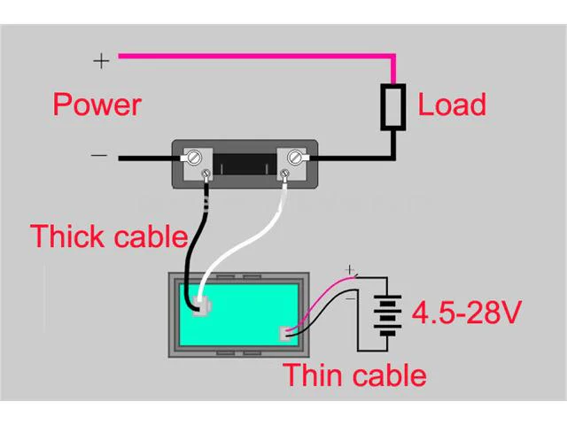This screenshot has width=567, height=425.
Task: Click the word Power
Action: [97, 104]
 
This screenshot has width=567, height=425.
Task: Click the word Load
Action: [452, 104]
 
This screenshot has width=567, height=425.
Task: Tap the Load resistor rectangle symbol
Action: [393, 107]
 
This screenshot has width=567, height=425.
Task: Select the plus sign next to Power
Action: [101, 61]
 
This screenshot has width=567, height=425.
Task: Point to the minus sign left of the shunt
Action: [99, 156]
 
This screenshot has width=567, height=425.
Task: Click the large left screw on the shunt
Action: [194, 158]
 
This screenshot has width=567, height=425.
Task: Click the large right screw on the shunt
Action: [295, 158]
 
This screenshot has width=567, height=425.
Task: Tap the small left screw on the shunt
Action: [206, 174]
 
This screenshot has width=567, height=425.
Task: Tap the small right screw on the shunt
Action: [285, 174]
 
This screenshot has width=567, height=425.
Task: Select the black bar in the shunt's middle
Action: [245, 165]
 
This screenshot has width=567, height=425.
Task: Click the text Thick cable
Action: [109, 236]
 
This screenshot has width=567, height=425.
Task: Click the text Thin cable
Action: [354, 375]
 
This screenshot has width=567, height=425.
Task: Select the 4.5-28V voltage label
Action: [467, 313]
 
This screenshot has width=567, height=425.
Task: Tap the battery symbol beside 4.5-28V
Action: [388, 315]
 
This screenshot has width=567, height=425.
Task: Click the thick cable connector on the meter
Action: [202, 305]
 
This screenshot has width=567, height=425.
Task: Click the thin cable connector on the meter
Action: [285, 334]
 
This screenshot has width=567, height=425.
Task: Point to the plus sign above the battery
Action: [349, 269]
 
